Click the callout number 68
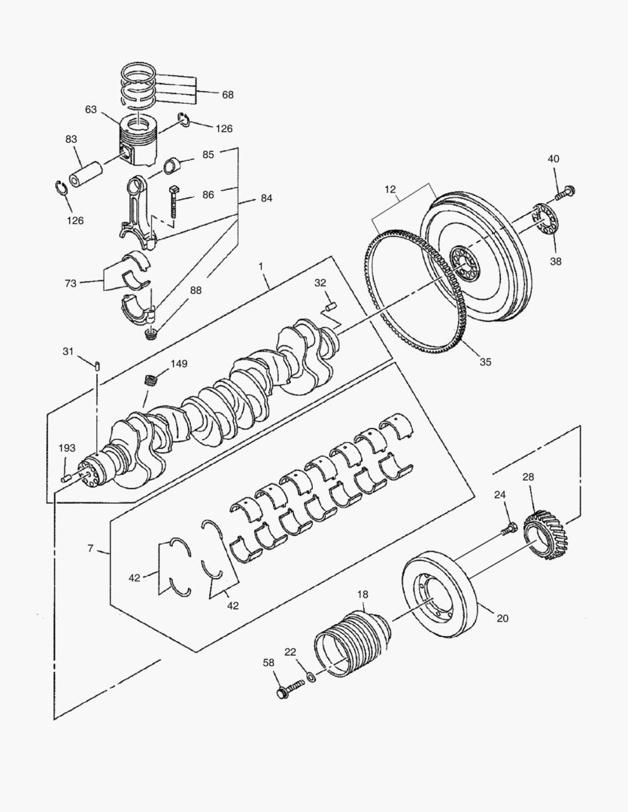coord(227,95)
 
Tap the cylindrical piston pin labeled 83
coord(88,171)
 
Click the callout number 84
coord(266,198)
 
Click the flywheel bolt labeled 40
coord(565,192)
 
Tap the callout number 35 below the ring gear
coord(485,362)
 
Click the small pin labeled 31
coord(98,365)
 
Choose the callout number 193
coord(67,448)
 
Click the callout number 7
coord(90,549)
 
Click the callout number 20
coord(502,619)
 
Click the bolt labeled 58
coord(284,690)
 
